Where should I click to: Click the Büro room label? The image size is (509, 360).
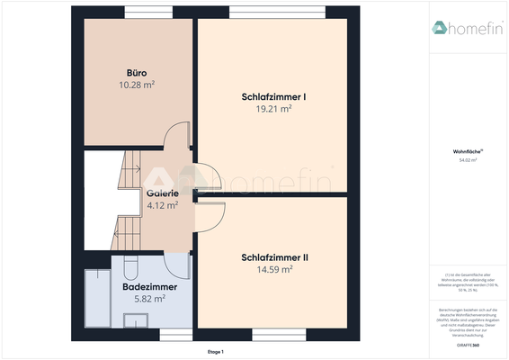click(x=137, y=72)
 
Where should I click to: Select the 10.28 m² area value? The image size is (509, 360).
click(x=137, y=85)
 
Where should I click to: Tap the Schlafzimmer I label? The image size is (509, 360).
click(x=274, y=96)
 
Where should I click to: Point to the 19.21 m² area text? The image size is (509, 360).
click(x=274, y=108)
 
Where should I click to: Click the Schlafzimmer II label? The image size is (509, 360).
click(x=274, y=256)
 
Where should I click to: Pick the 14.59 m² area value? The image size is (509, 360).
click(x=274, y=269)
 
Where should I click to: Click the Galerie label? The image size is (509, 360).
click(x=162, y=193)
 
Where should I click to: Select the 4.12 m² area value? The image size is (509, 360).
click(x=162, y=204)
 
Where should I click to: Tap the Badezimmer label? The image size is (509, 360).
click(x=149, y=287)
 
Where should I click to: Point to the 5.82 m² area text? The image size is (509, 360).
click(x=149, y=299)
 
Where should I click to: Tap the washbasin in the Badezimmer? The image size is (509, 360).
click(x=137, y=321)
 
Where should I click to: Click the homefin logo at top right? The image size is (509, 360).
click(x=466, y=28)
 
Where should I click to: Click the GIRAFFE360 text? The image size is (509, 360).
click(x=467, y=346)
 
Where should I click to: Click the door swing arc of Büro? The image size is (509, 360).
click(x=182, y=133)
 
